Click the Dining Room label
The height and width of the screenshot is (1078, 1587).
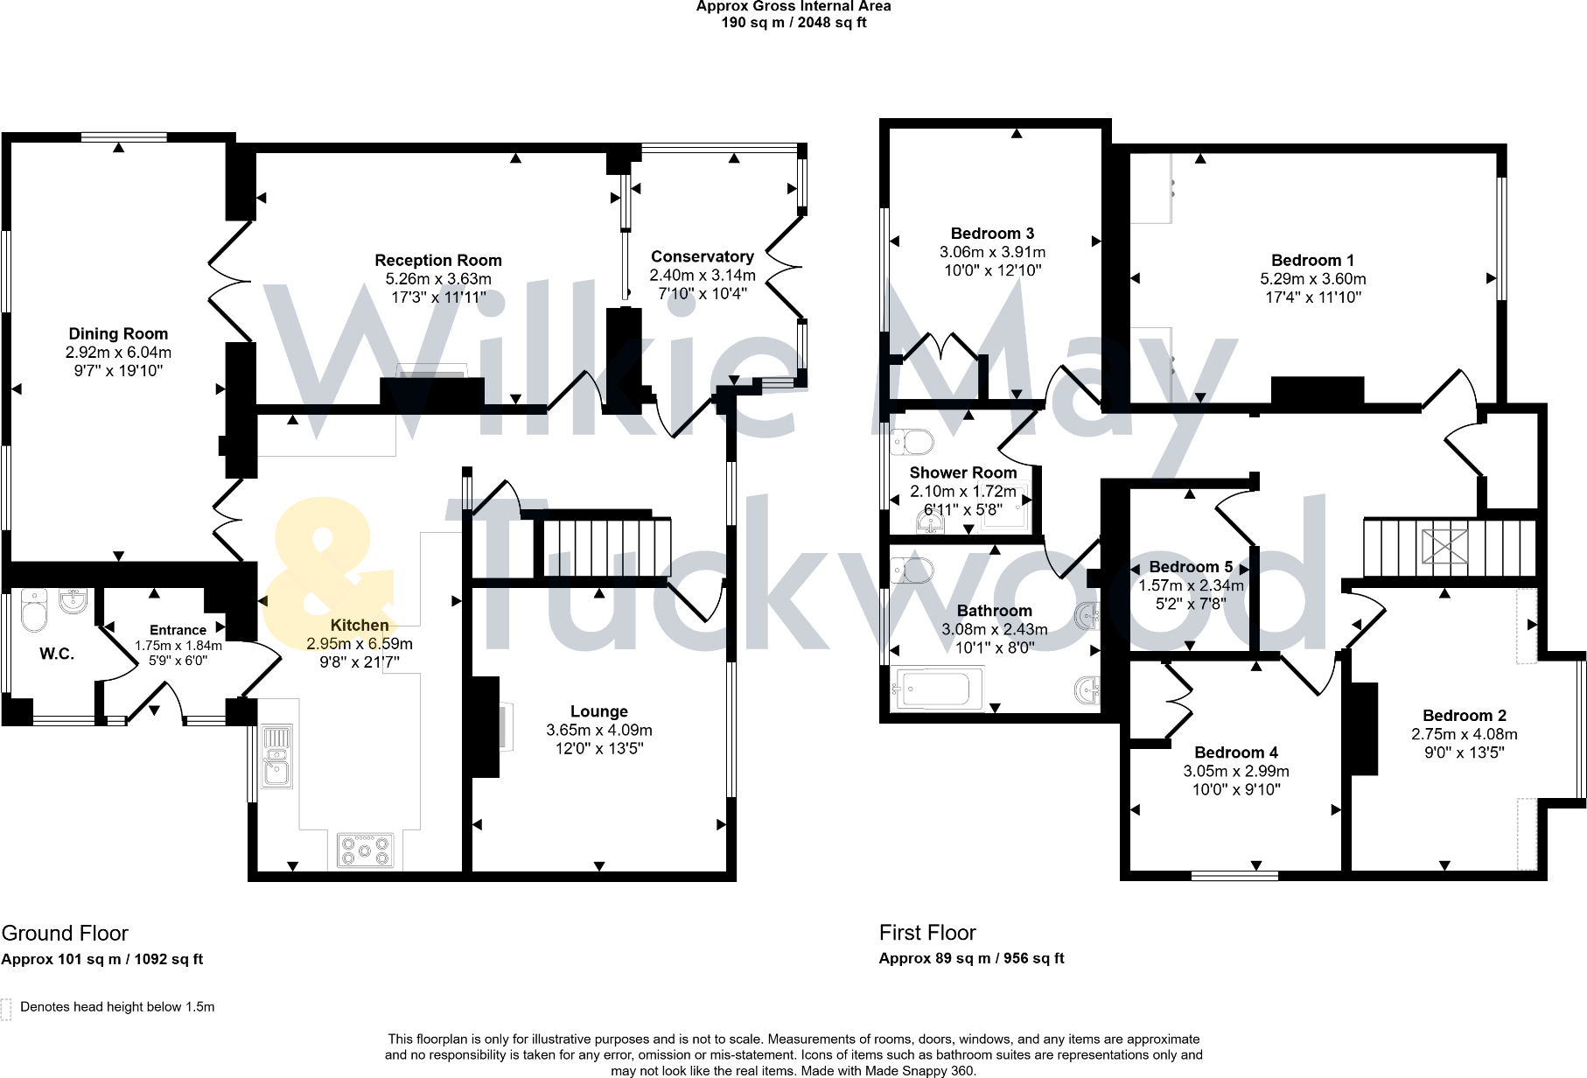(x=118, y=333)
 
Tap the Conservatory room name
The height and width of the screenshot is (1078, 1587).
(x=702, y=256)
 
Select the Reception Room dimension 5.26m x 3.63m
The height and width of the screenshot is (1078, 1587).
(x=438, y=279)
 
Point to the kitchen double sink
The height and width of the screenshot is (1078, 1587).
(x=276, y=757)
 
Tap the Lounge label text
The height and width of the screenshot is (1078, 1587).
(x=598, y=711)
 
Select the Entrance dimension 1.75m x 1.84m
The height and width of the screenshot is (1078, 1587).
(x=178, y=646)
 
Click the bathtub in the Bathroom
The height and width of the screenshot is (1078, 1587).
(x=935, y=689)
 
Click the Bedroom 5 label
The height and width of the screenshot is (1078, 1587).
(x=1191, y=567)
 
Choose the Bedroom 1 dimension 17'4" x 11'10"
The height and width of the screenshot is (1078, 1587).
(x=1312, y=297)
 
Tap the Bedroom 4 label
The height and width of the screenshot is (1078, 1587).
(x=1235, y=752)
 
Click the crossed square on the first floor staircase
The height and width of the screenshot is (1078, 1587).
(x=1444, y=546)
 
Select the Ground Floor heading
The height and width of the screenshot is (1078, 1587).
(x=65, y=933)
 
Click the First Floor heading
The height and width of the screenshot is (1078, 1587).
(x=927, y=933)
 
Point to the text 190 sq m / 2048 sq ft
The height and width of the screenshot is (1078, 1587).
(x=793, y=23)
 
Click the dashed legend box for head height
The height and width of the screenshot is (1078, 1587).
(x=7, y=1008)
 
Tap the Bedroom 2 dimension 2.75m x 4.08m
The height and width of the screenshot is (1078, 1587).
(x=1464, y=734)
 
